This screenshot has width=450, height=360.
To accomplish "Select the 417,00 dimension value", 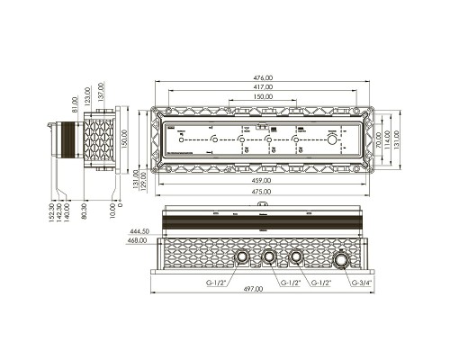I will pos(263,88).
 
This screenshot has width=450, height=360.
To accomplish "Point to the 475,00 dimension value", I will pos(263,193).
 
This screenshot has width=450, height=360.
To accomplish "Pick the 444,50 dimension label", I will pos(138,230).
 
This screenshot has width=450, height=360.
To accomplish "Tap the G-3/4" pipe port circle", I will pos(343,261).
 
